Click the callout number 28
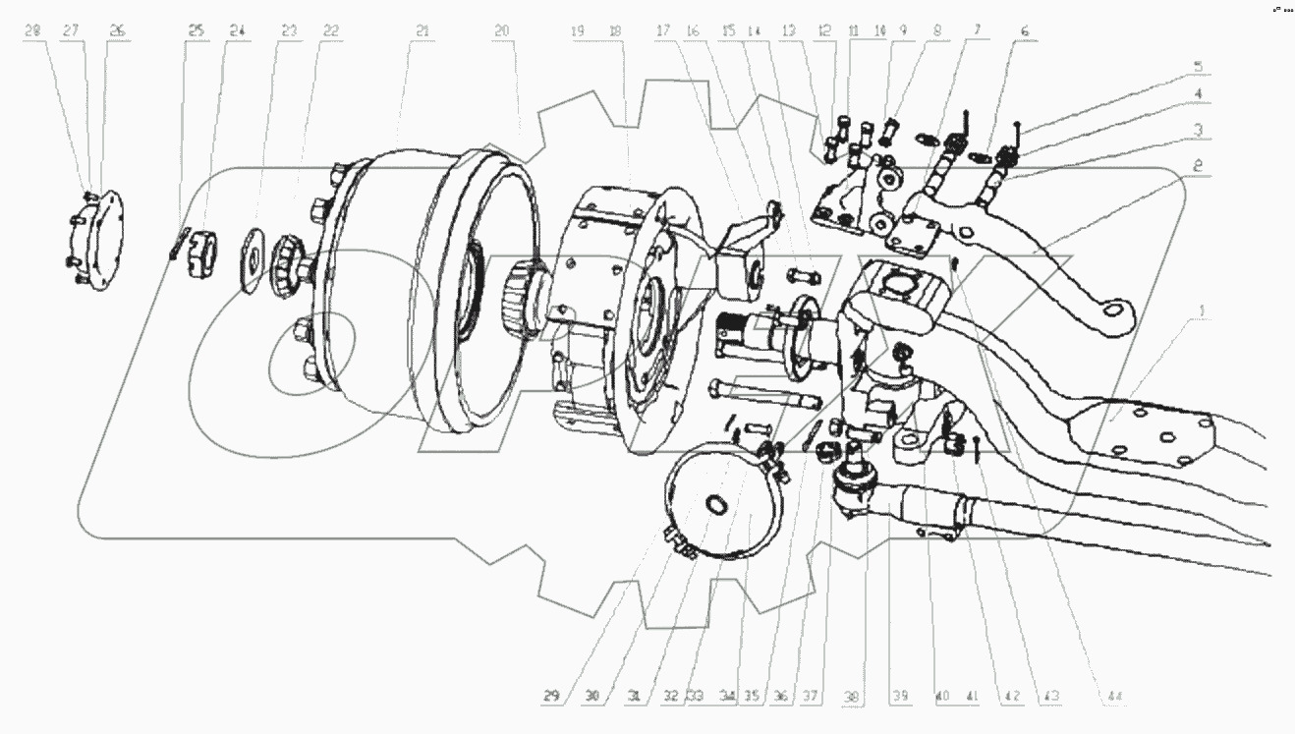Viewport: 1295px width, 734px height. point(34,31)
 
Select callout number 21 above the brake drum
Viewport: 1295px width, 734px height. point(422,31)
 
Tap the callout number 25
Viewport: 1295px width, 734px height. point(197,31)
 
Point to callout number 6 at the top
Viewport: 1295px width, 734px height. point(1025,31)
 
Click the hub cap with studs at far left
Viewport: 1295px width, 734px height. point(100,238)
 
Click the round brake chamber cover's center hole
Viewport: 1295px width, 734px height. point(718,505)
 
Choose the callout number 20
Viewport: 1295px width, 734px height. point(502,31)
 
